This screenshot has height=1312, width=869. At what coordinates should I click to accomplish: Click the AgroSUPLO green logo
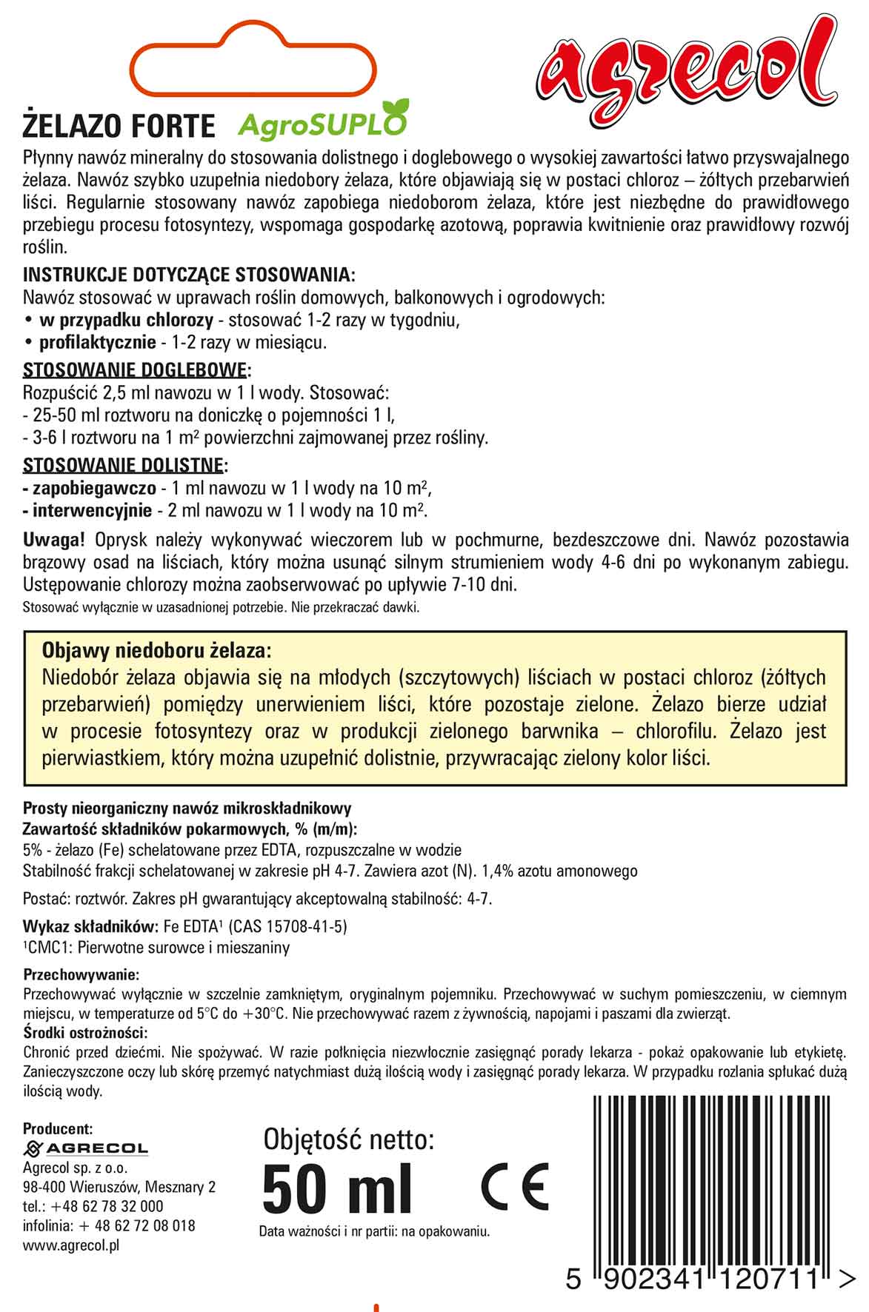[323, 122]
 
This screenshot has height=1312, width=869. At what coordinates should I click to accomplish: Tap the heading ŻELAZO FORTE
[119, 126]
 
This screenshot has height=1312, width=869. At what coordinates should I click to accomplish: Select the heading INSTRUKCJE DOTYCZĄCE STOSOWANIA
[189, 275]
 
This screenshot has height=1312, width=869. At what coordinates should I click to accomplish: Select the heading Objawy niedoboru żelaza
[157, 651]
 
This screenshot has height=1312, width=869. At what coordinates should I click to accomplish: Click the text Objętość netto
[348, 1139]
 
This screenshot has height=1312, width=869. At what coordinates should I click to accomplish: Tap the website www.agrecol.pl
[71, 1245]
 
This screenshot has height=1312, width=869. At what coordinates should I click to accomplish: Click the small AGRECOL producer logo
[86, 1148]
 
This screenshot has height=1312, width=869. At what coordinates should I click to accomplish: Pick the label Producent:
[58, 1128]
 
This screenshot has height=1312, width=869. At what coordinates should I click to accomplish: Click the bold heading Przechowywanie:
[81, 974]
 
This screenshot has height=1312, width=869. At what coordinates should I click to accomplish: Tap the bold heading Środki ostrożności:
[85, 1033]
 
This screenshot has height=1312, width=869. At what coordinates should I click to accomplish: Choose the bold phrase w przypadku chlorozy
[126, 321]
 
